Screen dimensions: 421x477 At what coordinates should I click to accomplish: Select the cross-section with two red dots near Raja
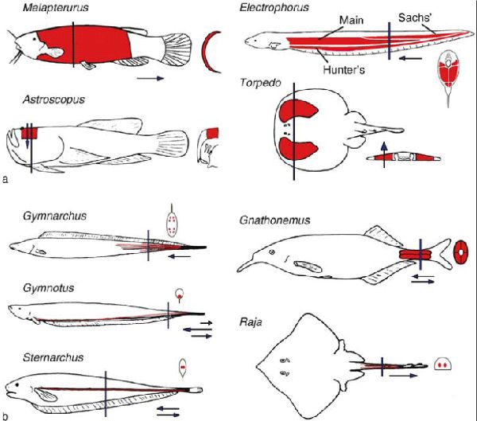442,366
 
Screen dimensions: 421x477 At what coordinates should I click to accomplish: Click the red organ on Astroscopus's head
30,133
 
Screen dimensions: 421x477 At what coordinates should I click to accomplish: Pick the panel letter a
6,181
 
